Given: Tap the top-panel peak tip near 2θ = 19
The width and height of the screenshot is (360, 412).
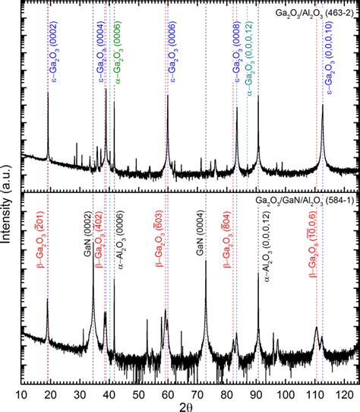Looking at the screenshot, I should click(x=49, y=93).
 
